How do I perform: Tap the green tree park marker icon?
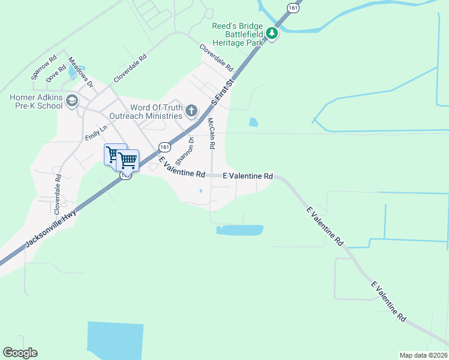(x=272, y=34)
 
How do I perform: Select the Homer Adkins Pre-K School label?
(x=36, y=102)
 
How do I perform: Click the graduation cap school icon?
(x=72, y=101)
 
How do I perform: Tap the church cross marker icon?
(x=191, y=110)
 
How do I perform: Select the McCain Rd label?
(x=211, y=133)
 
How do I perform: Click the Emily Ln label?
(x=95, y=132)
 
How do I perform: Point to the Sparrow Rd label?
(x=43, y=68)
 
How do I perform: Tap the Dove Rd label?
(x=55, y=74)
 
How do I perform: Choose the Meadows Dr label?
(x=81, y=72)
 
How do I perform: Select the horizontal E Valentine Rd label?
(x=248, y=176)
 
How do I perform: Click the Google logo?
(x=20, y=353)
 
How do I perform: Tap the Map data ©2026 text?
(x=423, y=355)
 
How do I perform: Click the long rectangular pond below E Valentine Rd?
(x=240, y=230)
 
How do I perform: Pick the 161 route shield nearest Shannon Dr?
(x=164, y=146)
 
